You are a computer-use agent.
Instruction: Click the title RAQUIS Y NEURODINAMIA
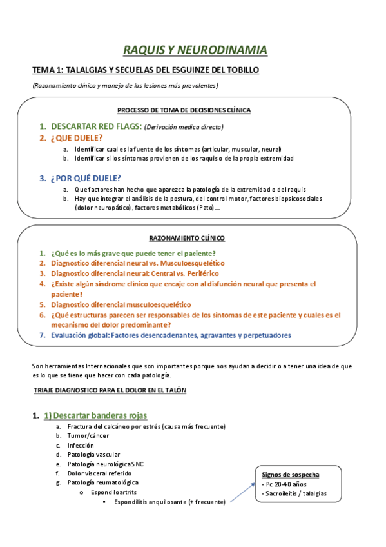195,50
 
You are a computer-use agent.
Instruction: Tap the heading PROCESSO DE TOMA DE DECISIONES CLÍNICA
184,110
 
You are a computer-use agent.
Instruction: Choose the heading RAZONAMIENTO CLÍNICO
188,238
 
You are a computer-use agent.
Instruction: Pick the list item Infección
81,445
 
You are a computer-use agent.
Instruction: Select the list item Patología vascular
92,455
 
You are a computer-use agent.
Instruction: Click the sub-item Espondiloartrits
114,492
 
